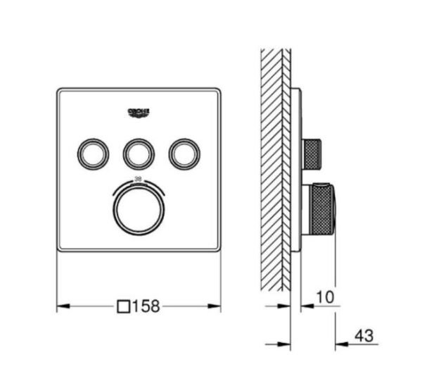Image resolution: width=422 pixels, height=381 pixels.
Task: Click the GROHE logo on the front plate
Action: tap(139, 112)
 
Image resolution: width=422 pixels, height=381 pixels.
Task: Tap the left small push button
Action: tap(93, 151)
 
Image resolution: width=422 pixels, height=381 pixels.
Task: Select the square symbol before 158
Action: tap(124, 306)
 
